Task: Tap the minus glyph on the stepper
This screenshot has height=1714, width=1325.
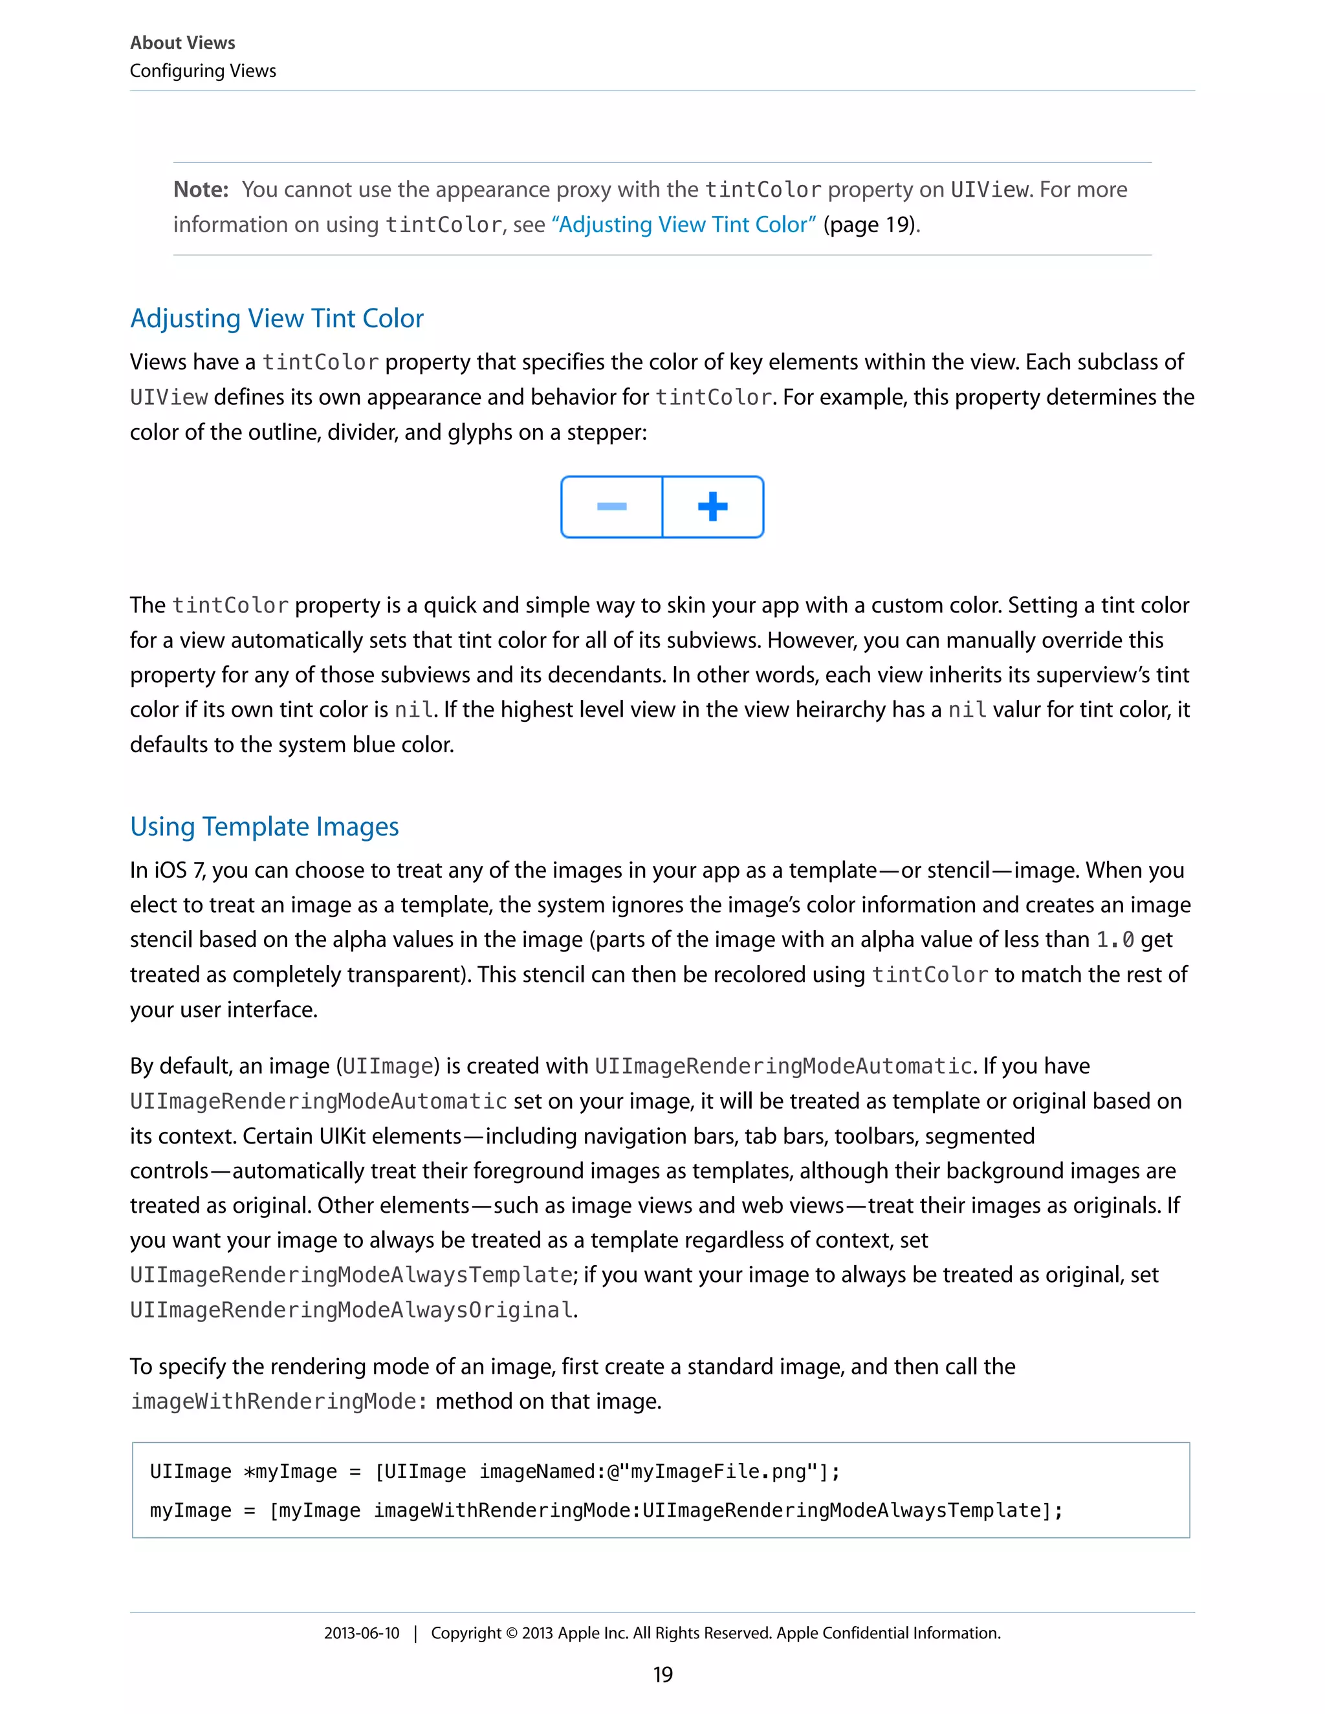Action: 611,507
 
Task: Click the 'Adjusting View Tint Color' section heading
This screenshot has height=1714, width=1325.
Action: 276,319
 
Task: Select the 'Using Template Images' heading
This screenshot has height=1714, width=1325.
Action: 264,827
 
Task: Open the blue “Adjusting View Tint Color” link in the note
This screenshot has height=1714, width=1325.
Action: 684,225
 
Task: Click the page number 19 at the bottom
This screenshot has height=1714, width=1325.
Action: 662,1675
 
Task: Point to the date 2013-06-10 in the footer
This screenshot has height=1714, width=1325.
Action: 361,1633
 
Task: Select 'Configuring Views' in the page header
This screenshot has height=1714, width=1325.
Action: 203,71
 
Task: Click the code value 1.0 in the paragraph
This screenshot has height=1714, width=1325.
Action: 1114,940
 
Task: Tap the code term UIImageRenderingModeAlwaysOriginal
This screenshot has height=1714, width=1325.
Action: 351,1310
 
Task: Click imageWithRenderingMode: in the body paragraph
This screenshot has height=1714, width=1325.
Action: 279,1402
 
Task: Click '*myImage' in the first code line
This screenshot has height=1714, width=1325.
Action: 290,1471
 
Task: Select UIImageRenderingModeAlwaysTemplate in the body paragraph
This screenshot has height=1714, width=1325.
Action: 351,1275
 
